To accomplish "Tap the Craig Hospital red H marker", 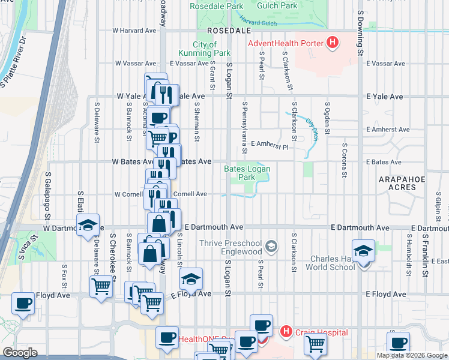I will click(x=286, y=331).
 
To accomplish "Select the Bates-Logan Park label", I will click(x=247, y=173).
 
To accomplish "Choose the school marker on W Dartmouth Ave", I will click(x=88, y=226).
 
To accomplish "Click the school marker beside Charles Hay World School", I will click(x=363, y=250).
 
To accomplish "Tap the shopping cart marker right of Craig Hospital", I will click(x=315, y=344).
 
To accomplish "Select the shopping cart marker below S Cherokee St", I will click(x=100, y=287).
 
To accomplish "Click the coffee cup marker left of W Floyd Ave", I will click(x=23, y=303).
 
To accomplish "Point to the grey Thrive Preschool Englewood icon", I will click(x=271, y=246).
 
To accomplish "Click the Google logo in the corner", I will click(x=20, y=352).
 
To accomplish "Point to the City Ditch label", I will click(x=312, y=128).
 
